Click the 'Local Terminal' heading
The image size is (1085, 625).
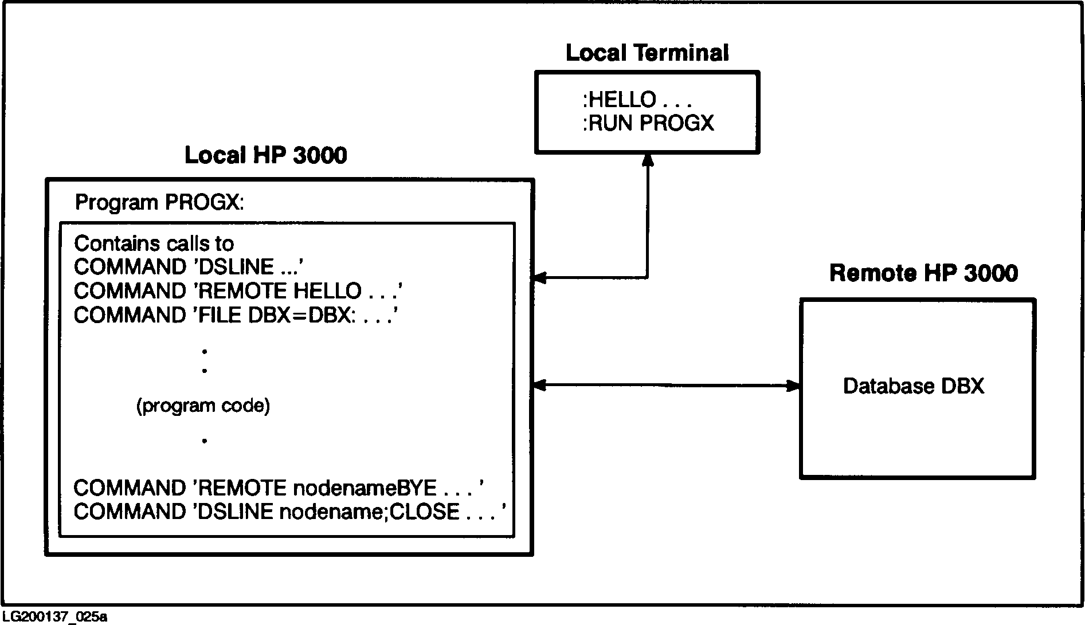[x=647, y=53]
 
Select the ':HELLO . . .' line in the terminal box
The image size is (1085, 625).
[x=637, y=100]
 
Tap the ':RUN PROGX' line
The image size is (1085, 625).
[x=648, y=123]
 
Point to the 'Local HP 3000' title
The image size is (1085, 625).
[x=265, y=156]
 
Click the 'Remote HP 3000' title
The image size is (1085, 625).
[x=923, y=273]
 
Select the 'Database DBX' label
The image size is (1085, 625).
[x=914, y=386]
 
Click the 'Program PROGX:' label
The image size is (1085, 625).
[x=159, y=203]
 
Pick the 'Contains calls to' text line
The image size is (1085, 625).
[x=154, y=244]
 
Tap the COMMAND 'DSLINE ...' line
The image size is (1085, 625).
[x=189, y=268]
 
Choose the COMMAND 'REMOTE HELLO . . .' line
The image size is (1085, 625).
[x=238, y=292]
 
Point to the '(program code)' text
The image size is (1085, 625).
[x=203, y=406]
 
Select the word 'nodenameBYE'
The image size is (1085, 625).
[x=365, y=488]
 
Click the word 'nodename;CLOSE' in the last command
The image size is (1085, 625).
[x=369, y=512]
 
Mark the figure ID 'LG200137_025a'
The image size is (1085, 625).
[x=54, y=617]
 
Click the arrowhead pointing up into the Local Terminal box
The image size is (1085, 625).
[x=648, y=160]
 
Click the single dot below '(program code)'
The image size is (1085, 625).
[x=205, y=441]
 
